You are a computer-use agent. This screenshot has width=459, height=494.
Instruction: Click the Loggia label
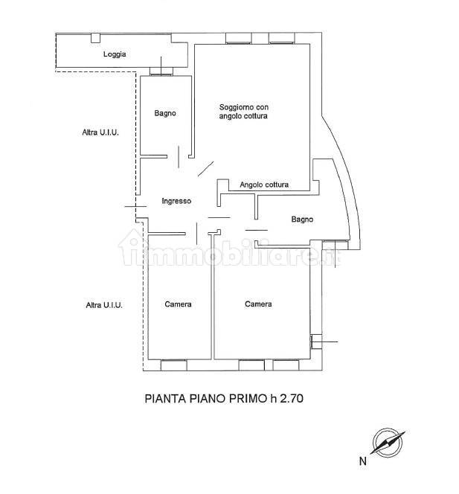click(115, 54)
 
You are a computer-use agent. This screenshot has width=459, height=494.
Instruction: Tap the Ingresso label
click(176, 201)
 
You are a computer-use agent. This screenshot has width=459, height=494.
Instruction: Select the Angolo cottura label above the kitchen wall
click(264, 185)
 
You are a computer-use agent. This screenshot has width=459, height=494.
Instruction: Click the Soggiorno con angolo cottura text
click(243, 112)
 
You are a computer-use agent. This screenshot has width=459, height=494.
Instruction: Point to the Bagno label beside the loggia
click(165, 113)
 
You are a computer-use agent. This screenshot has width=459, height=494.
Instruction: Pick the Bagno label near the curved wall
click(302, 219)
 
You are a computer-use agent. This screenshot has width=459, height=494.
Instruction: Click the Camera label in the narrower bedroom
click(178, 304)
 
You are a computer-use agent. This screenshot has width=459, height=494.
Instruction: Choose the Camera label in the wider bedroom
click(258, 304)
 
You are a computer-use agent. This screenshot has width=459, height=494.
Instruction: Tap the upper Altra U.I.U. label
click(100, 132)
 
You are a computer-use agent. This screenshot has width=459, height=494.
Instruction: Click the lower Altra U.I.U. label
click(104, 305)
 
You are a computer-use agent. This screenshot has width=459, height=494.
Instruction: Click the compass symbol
click(388, 443)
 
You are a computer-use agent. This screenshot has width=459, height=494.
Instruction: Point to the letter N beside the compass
click(362, 461)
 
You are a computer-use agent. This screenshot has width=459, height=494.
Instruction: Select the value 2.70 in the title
click(292, 399)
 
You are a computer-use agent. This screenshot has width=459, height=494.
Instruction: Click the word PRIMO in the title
click(247, 399)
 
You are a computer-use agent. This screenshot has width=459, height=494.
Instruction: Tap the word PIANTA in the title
click(165, 399)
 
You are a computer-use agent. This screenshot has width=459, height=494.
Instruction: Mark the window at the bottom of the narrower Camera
click(174, 365)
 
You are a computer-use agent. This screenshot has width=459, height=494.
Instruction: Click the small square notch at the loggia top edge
click(95, 38)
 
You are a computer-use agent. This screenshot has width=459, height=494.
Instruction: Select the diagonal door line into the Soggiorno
click(206, 169)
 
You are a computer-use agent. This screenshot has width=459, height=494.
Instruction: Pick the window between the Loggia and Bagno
click(161, 71)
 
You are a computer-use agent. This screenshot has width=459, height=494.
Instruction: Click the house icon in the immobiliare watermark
click(132, 247)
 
